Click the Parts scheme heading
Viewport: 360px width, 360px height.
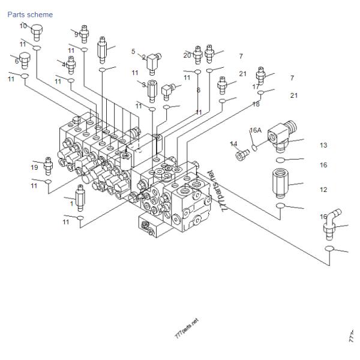[30, 14]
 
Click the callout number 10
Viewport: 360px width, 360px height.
[23, 26]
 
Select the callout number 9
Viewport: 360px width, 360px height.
[76, 34]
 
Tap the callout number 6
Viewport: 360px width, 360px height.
[17, 60]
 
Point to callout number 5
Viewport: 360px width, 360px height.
[133, 52]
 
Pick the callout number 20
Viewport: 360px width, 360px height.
[187, 55]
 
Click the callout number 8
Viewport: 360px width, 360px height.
[199, 90]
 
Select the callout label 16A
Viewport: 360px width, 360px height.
[256, 130]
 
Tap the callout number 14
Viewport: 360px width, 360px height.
[234, 144]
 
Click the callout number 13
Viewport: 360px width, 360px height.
[323, 145]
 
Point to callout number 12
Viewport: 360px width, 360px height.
[323, 190]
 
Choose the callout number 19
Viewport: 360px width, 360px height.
[35, 167]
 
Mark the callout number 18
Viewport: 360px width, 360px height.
[256, 104]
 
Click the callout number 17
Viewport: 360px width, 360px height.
[256, 86]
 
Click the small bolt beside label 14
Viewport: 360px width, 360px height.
[242, 155]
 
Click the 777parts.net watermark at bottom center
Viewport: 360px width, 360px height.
[186, 329]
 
